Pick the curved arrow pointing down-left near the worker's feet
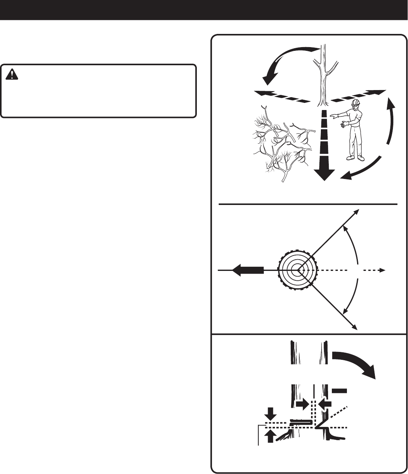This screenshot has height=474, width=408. [x=362, y=170]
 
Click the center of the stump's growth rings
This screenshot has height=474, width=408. [x=298, y=270]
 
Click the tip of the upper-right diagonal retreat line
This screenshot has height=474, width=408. [x=357, y=211]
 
